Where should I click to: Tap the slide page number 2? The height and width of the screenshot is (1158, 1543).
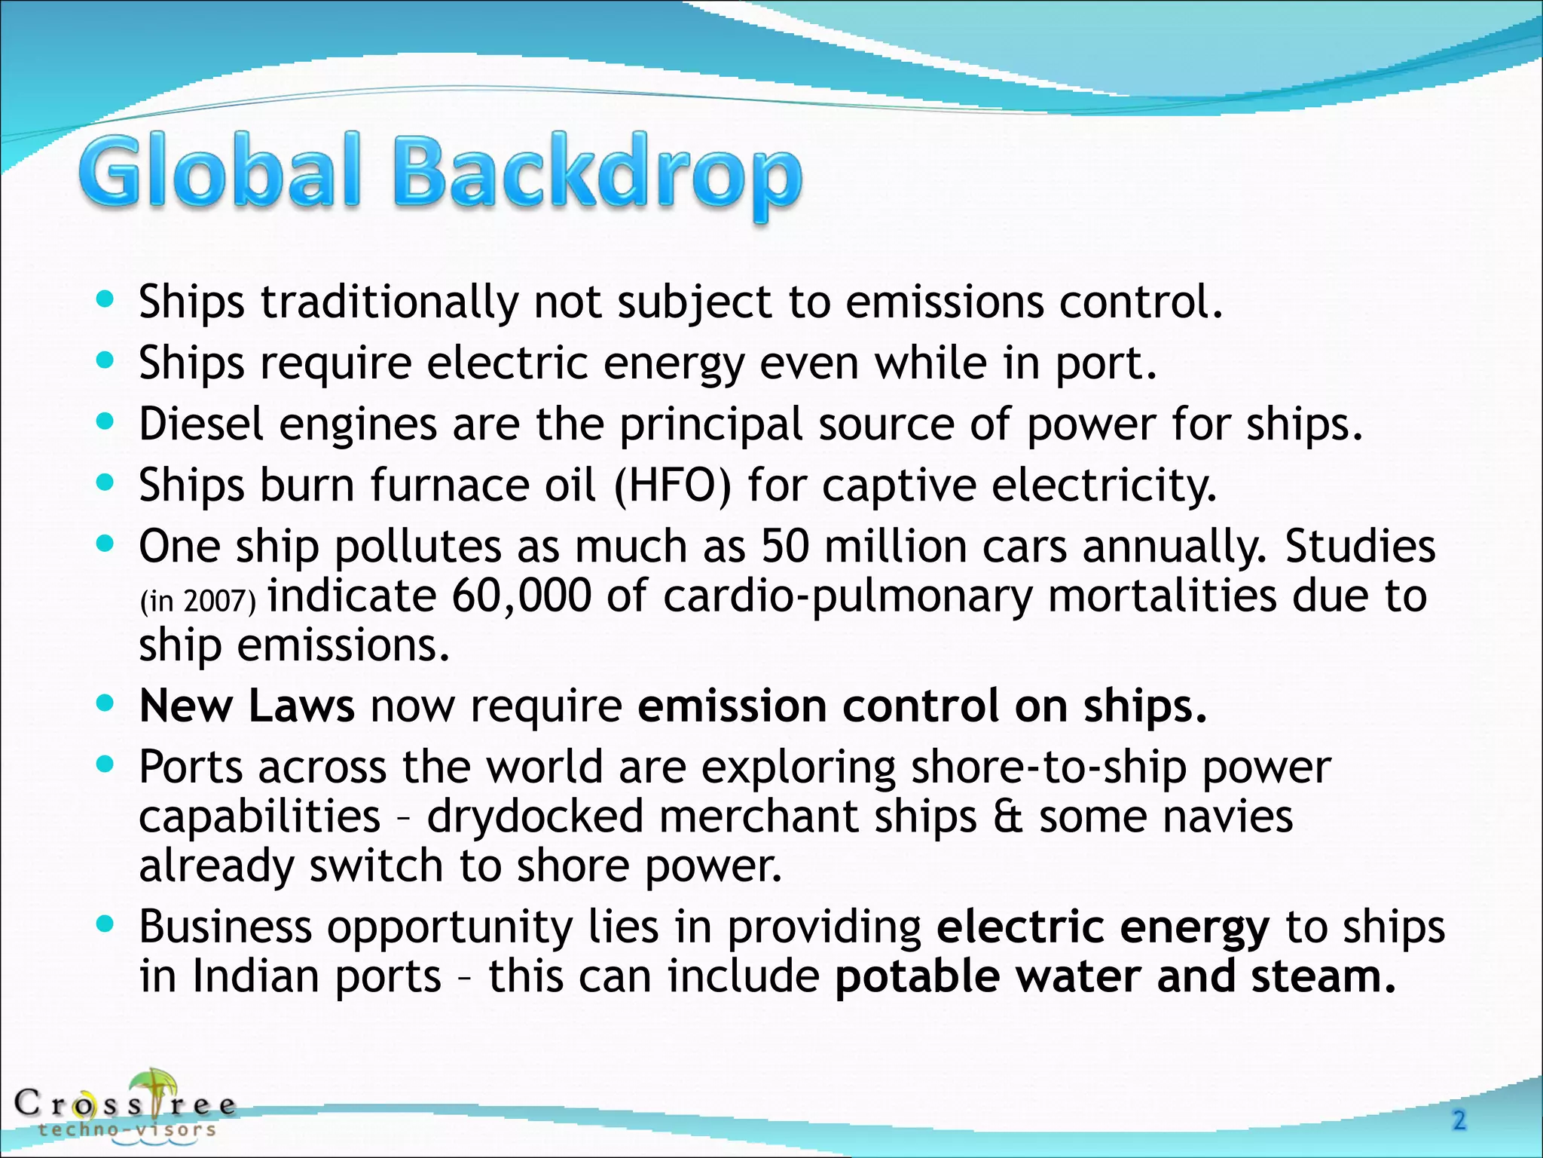coord(1459,1120)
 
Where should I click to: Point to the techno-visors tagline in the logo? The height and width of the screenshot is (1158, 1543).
coord(127,1129)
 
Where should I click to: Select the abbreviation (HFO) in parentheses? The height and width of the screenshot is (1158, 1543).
coord(672,485)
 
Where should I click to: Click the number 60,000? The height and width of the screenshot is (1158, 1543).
coord(521,596)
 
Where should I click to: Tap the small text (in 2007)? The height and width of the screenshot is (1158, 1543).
coord(198,602)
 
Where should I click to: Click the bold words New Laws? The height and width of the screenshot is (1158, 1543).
coord(246,706)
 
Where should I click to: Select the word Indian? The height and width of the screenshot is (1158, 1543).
coord(255,976)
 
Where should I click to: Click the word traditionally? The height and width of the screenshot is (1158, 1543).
coord(390,302)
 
